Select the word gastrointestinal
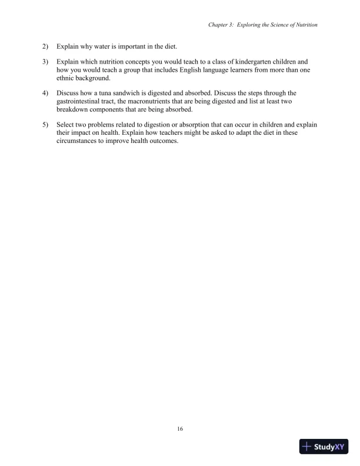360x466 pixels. (x=79, y=101)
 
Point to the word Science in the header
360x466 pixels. (x=284, y=25)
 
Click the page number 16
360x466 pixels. (x=180, y=429)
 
